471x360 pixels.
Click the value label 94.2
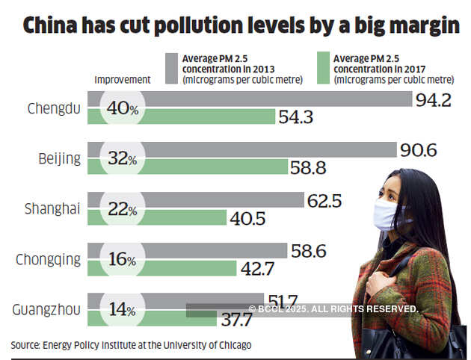(434, 100)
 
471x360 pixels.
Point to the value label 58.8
(308, 168)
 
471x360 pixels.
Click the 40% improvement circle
(120, 108)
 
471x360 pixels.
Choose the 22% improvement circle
(120, 210)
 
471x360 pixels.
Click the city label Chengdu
(53, 109)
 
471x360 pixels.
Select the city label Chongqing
(48, 260)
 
